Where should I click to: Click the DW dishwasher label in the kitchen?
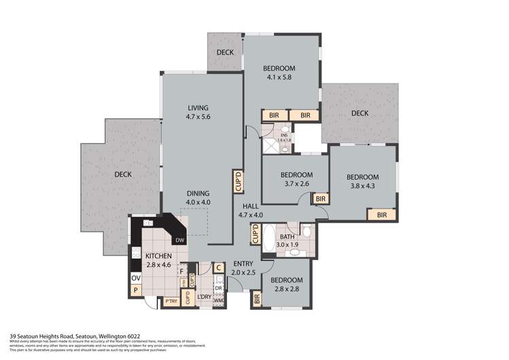click(x=179, y=240)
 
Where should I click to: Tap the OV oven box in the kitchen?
click(x=135, y=278)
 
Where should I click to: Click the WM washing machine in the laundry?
click(x=219, y=300)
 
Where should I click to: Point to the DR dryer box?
click(x=219, y=287)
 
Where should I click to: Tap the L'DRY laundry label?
click(x=204, y=297)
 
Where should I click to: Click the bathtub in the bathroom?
click(x=268, y=234)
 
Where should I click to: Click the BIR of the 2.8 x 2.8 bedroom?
click(x=257, y=298)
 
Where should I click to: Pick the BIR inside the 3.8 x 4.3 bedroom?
click(x=382, y=215)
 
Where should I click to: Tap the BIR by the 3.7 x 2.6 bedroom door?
click(x=320, y=198)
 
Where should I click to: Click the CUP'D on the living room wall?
click(x=237, y=179)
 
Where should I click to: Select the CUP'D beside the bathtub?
click(x=256, y=234)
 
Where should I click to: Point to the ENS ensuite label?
click(x=285, y=136)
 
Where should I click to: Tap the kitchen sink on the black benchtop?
click(x=147, y=223)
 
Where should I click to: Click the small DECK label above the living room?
click(x=225, y=52)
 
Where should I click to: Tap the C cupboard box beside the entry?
click(x=218, y=268)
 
